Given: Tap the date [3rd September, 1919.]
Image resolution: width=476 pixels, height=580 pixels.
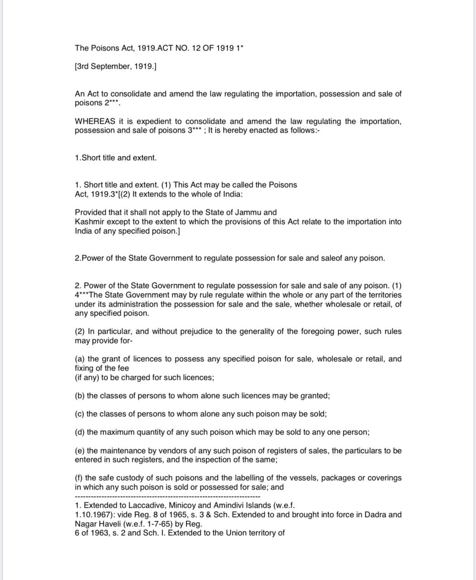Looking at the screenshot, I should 116,67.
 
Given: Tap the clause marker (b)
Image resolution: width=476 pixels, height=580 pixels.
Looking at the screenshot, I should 80,396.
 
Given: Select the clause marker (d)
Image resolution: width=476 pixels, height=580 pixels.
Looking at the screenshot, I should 80,432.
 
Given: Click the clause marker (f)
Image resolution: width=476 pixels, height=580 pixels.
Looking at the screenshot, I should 79,478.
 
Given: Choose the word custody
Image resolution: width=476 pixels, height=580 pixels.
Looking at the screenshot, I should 126,478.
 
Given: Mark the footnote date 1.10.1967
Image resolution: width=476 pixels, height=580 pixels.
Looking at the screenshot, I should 94,515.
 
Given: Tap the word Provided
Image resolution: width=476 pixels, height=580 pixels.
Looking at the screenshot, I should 91,212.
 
